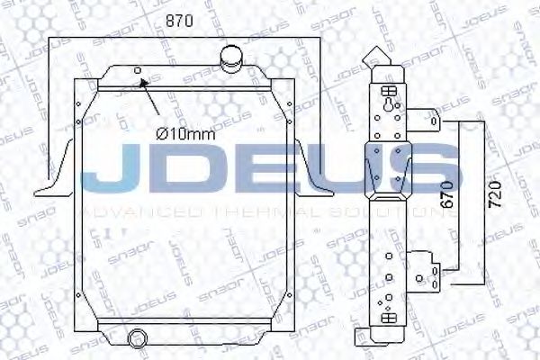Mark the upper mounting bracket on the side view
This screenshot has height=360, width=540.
click(433, 121)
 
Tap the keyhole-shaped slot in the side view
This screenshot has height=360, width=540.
click(389, 106)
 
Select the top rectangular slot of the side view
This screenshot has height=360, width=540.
click(389, 90)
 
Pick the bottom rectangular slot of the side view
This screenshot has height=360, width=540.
click(389, 318)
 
